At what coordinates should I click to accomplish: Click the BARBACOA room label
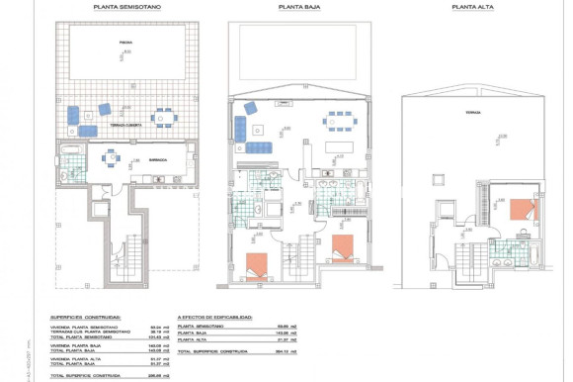[x=157, y=157]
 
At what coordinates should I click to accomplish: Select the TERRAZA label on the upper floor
[x=472, y=113]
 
